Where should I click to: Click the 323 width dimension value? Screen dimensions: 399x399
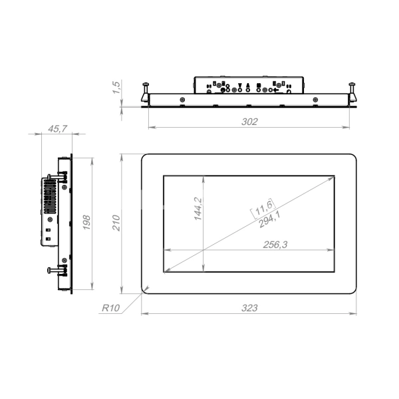click(249, 308)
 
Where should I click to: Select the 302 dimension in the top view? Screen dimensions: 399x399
click(249, 122)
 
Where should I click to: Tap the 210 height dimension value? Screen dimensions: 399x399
click(116, 223)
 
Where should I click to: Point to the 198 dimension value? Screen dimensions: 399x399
click(86, 222)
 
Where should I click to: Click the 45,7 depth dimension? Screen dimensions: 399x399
click(57, 129)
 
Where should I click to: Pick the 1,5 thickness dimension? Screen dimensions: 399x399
click(116, 87)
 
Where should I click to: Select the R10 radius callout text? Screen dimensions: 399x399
click(110, 308)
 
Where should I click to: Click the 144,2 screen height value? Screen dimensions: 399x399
click(198, 209)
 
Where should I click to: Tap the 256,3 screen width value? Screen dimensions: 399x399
click(275, 245)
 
